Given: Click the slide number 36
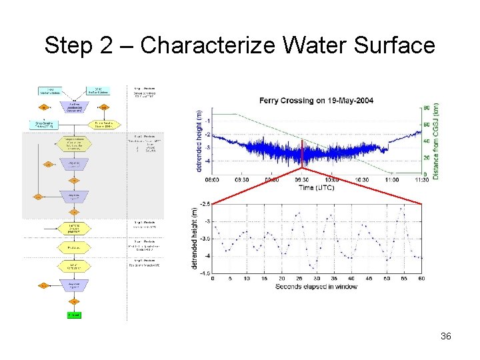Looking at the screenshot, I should [x=446, y=336].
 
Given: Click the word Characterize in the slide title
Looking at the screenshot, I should [x=209, y=45].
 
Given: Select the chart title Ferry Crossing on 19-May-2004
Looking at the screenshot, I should [x=316, y=101].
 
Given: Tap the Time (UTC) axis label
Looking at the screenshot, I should [x=316, y=188].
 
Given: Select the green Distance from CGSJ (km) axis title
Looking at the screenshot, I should [x=436, y=141].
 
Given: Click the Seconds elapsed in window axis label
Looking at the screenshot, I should [x=316, y=287].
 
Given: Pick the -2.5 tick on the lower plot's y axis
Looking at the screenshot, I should [x=205, y=204].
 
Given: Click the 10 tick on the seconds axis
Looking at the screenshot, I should [x=247, y=279].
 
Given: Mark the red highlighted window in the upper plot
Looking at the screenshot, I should [x=302, y=153].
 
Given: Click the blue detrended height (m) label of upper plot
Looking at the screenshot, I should [x=199, y=141].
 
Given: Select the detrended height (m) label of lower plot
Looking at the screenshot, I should [x=195, y=238].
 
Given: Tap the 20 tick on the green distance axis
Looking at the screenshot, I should [x=426, y=158].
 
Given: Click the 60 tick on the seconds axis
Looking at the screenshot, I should [x=421, y=279].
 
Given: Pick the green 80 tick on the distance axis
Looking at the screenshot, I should [x=426, y=108].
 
